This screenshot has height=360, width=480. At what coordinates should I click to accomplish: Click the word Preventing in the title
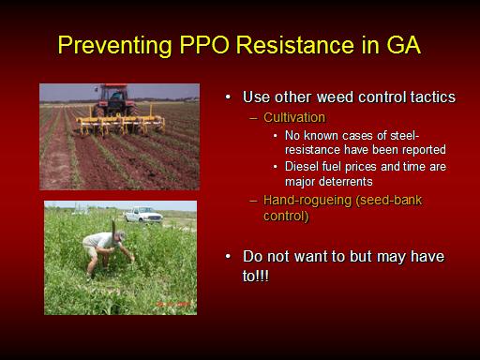[114, 46]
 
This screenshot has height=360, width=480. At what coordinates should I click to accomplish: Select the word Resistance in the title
[294, 45]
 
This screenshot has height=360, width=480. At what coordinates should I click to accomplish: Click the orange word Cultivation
[294, 117]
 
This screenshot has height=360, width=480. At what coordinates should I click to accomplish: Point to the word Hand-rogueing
[307, 201]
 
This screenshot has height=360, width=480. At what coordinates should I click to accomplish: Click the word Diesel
[301, 166]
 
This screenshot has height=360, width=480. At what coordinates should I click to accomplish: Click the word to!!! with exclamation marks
[256, 276]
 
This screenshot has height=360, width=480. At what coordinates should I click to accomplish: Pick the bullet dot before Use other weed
[228, 97]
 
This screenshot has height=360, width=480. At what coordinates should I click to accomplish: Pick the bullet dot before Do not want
[228, 257]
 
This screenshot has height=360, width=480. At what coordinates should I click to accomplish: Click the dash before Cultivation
[253, 118]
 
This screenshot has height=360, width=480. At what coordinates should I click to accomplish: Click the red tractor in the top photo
[114, 100]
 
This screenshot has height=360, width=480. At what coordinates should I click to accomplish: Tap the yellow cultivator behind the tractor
[121, 124]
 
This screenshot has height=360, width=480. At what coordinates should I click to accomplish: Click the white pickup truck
[143, 215]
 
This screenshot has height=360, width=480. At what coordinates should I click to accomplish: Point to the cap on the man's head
[120, 235]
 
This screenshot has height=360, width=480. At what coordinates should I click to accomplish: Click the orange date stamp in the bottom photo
[172, 304]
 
